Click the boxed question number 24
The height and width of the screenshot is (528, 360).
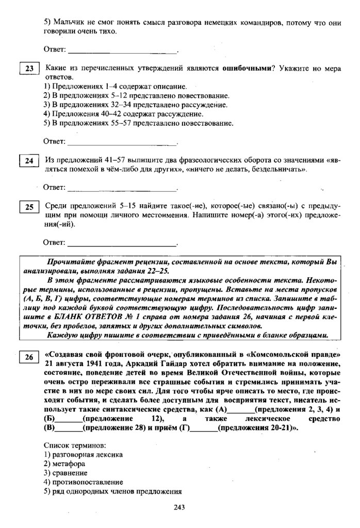click(29, 161)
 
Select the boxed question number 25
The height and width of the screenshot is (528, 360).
click(29, 207)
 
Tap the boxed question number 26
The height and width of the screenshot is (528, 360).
click(29, 356)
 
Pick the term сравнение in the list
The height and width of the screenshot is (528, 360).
click(70, 473)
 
